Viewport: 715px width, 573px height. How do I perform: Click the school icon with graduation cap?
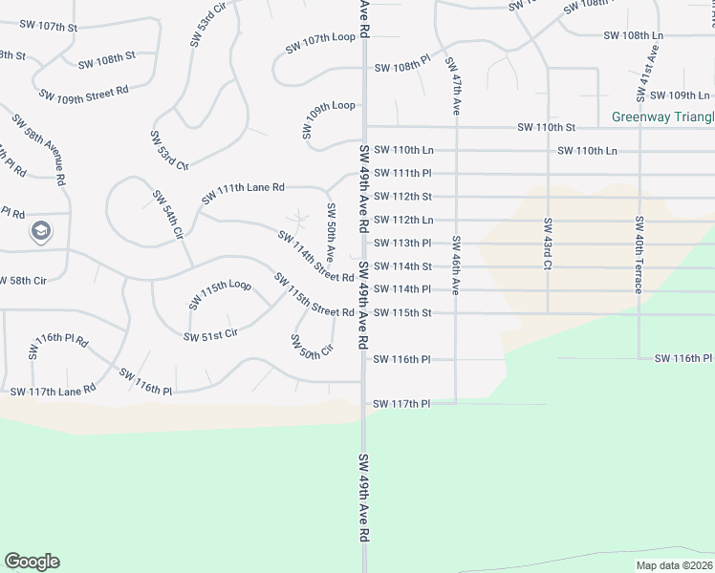[40, 230]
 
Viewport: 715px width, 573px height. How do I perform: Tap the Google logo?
[32, 562]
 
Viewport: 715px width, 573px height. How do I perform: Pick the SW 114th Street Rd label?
[315, 256]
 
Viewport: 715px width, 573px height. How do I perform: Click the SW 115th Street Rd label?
[314, 296]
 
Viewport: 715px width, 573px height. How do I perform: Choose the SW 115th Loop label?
[219, 294]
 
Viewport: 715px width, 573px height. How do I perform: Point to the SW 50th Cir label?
[311, 345]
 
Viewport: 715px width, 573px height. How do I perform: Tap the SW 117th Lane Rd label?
[53, 391]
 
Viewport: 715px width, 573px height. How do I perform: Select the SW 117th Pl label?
[401, 404]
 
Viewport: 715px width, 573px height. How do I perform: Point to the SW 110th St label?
[546, 127]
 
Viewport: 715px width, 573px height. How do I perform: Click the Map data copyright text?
[674, 565]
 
